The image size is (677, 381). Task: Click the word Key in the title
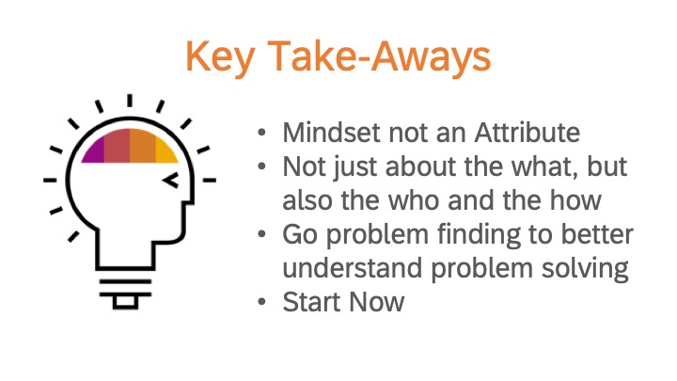(x=220, y=56)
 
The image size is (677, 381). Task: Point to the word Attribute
(x=527, y=133)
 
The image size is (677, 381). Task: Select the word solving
(x=585, y=269)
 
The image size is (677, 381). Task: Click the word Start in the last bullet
(x=312, y=302)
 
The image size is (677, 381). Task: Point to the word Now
(x=377, y=302)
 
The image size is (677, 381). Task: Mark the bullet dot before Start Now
(x=261, y=301)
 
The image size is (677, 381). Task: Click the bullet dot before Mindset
(x=261, y=132)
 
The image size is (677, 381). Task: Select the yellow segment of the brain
(x=165, y=152)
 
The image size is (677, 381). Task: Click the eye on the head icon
(x=170, y=180)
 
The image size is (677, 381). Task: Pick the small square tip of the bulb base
(x=125, y=302)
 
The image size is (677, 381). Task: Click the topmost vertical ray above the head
(x=130, y=101)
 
